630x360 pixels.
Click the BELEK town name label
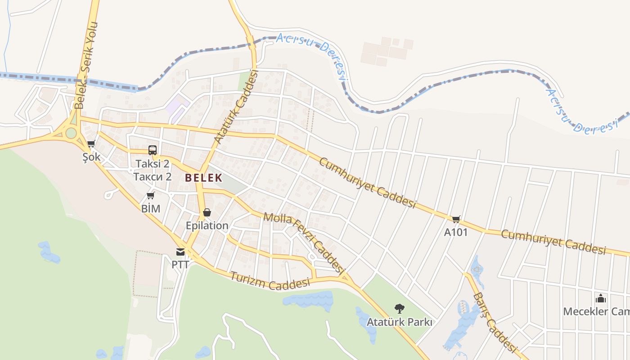click(x=203, y=178)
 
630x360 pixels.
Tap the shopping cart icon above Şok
click(x=91, y=144)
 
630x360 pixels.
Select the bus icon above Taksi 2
click(x=153, y=150)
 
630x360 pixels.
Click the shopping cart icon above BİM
click(x=151, y=195)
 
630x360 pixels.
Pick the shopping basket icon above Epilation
click(x=207, y=212)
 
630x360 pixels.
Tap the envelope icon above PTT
click(x=180, y=252)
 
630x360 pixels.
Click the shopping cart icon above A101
click(x=456, y=219)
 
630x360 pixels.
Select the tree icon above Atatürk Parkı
click(x=399, y=309)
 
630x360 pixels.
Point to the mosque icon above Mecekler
click(x=600, y=298)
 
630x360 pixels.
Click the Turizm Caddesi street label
click(x=270, y=280)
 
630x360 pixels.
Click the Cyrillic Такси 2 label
click(x=153, y=176)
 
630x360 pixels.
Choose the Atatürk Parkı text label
click(x=399, y=322)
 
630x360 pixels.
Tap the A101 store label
click(x=456, y=233)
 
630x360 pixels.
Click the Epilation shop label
click(x=207, y=225)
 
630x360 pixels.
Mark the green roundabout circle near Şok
click(x=71, y=133)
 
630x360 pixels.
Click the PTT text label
click(x=180, y=264)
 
